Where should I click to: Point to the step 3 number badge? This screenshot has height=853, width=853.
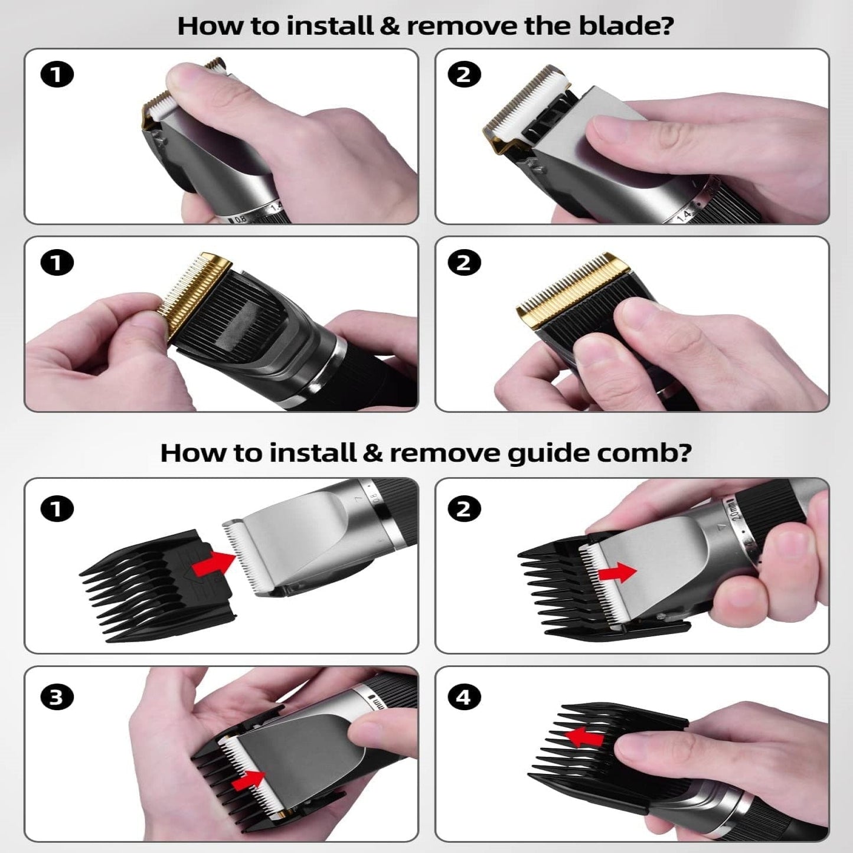(x=57, y=697)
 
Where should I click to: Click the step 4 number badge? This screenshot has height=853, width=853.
(x=464, y=697)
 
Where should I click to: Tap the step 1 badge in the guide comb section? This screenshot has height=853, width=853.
(x=57, y=509)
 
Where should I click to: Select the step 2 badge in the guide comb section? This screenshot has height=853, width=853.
(x=464, y=509)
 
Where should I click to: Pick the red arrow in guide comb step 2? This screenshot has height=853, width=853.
(x=617, y=572)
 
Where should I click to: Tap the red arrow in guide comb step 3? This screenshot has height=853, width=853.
(x=248, y=780)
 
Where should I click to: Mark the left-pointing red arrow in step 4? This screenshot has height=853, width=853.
(x=584, y=737)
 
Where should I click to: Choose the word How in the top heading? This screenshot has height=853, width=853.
(x=208, y=27)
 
